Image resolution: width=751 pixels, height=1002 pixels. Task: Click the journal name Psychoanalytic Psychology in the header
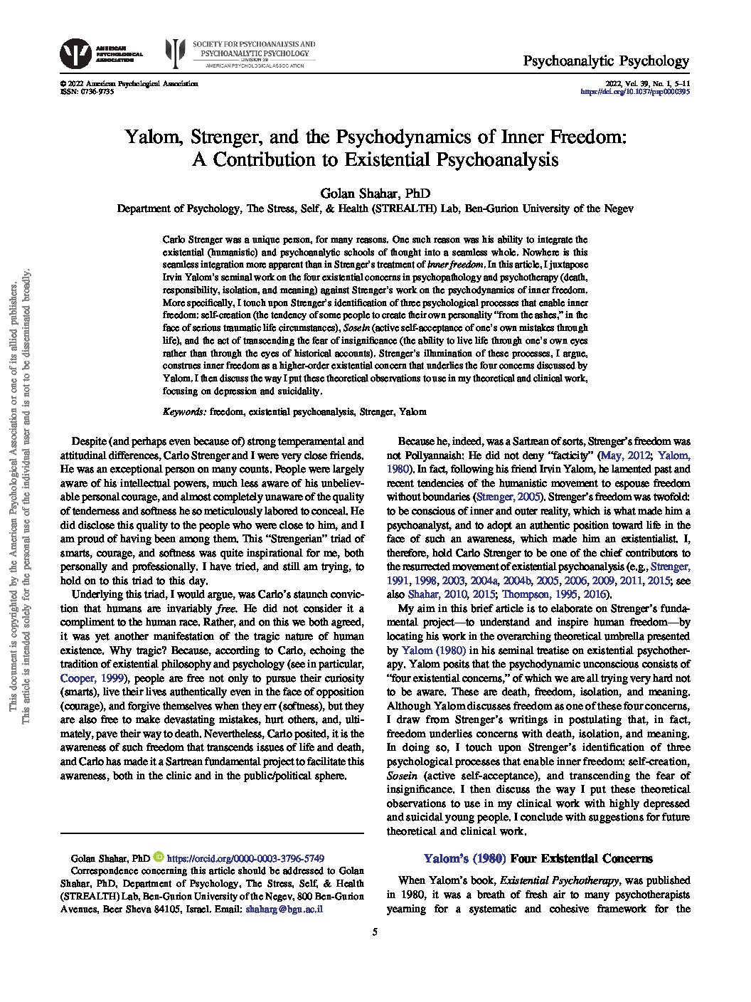click(x=606, y=61)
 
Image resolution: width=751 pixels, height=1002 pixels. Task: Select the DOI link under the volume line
click(x=636, y=92)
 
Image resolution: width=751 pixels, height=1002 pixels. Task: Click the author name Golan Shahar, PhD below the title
click(x=375, y=194)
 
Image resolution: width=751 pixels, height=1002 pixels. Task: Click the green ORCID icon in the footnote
click(x=158, y=858)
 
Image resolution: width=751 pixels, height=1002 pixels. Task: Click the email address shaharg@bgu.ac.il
click(x=284, y=909)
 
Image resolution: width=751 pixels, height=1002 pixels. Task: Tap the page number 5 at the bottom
click(x=375, y=933)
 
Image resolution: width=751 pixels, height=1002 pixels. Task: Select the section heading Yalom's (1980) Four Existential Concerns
click(x=538, y=858)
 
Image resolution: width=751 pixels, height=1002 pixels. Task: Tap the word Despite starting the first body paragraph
click(x=92, y=442)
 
